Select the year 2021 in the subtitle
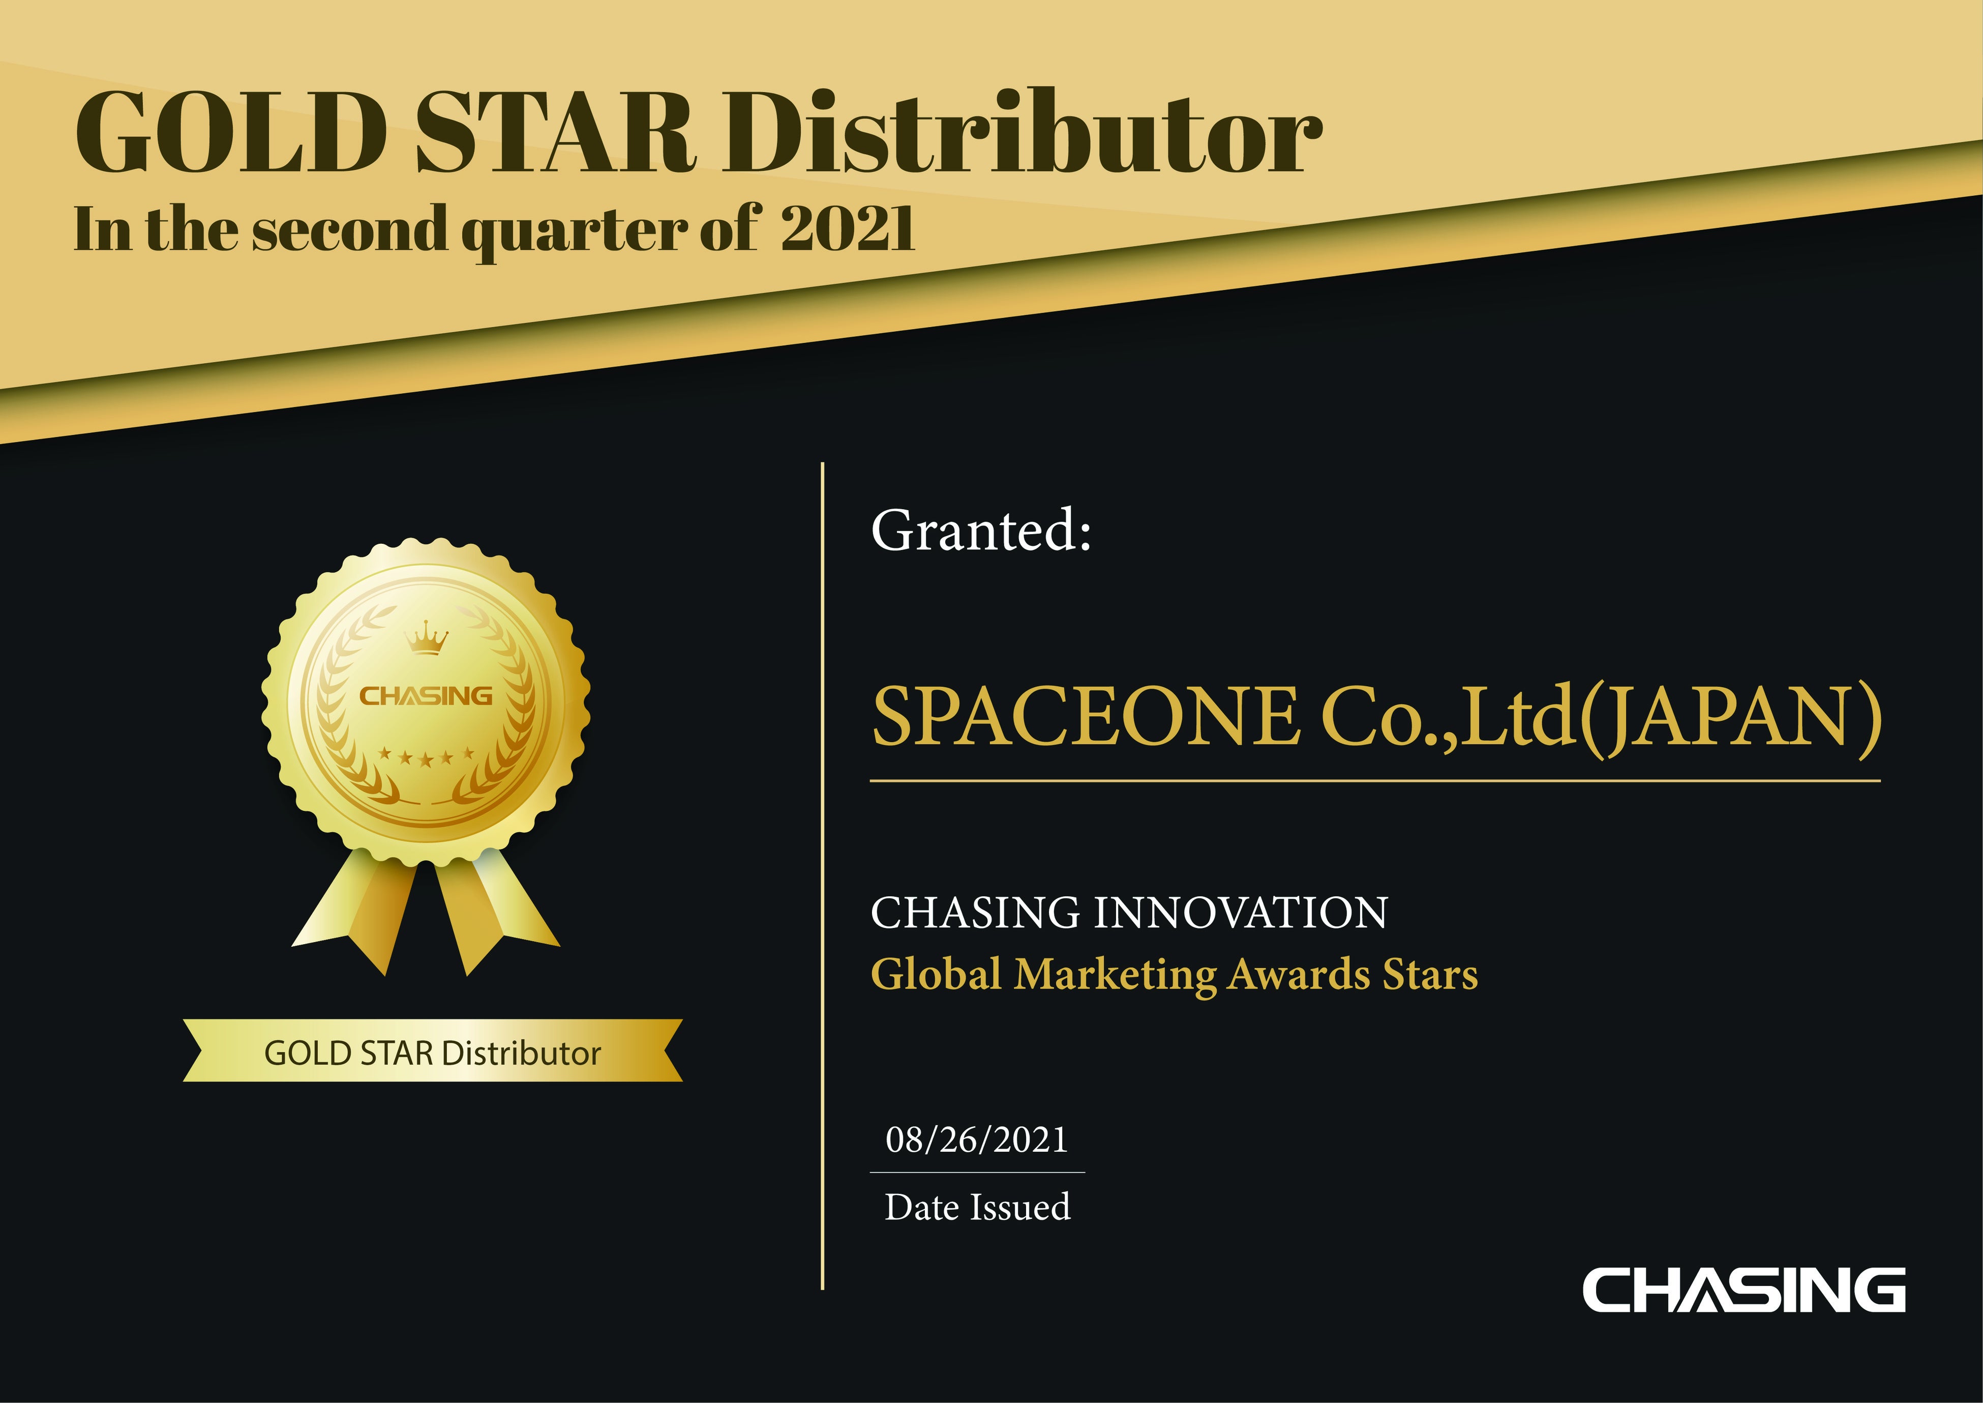tap(847, 229)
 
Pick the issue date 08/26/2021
tap(977, 1141)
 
